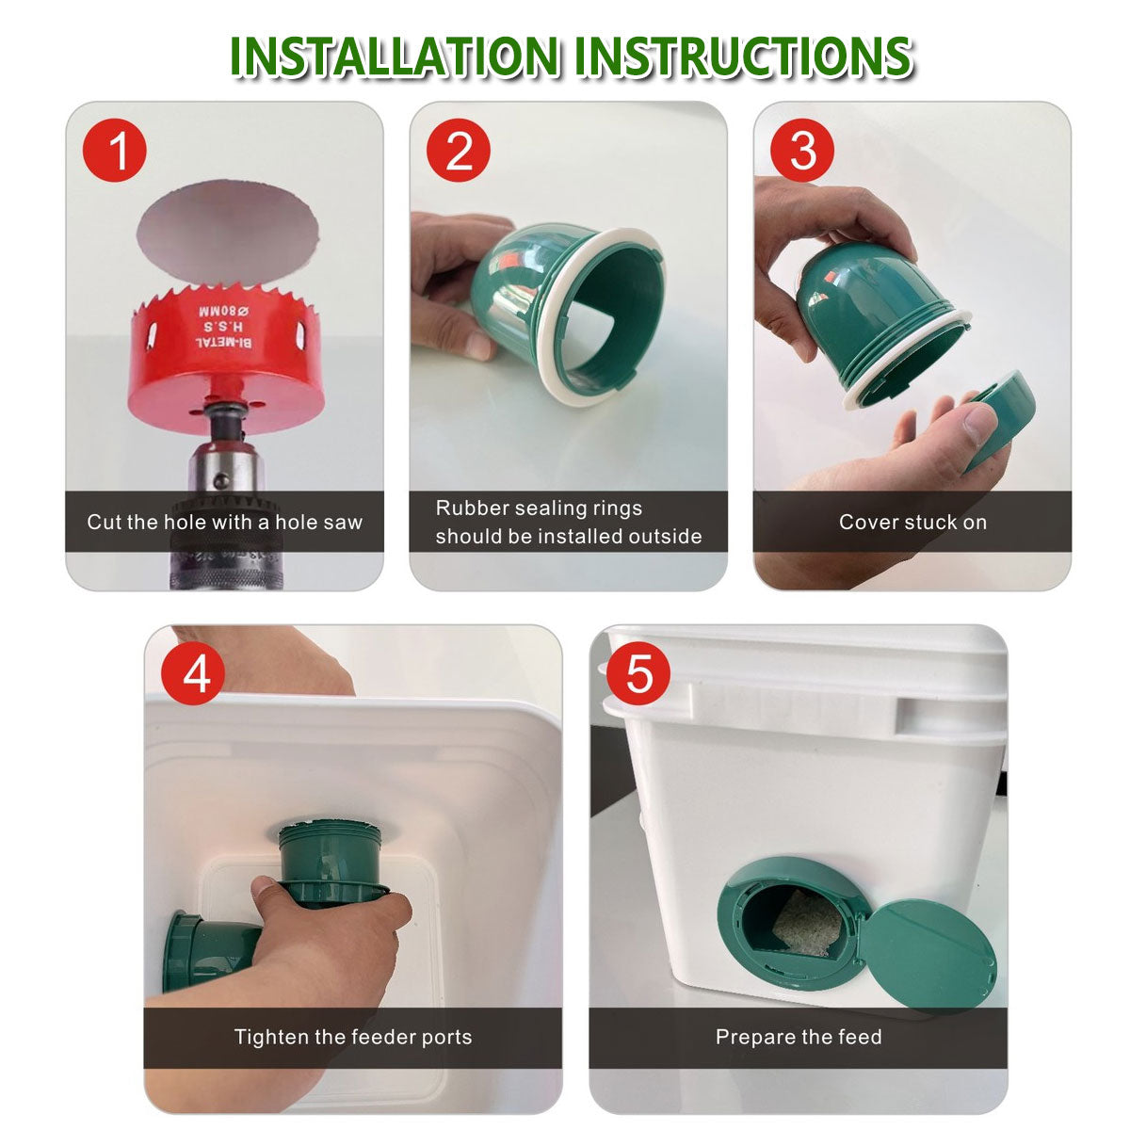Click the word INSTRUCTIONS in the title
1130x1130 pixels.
pos(744,56)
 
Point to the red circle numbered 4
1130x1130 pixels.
pos(193,674)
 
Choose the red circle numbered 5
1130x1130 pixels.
pos(639,674)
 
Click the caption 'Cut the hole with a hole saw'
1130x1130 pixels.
pos(224,522)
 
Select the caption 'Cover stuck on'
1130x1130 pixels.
pos(912,522)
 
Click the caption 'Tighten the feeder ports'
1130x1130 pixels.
pos(353,1037)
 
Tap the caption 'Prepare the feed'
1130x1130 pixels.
pos(799,1037)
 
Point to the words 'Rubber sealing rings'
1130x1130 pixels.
pos(539,508)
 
